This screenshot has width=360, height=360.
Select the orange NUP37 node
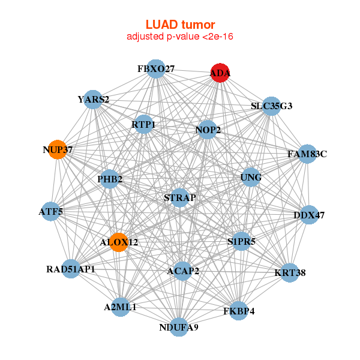tap(58, 149)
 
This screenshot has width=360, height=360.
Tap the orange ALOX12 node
tap(119, 242)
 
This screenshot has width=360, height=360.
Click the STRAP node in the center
tap(179, 197)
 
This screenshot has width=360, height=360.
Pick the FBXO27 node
tap(155, 69)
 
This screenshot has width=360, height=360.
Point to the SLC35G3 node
tap(271, 106)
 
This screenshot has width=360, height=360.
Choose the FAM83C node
tap(307, 154)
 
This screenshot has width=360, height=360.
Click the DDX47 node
tap(309, 215)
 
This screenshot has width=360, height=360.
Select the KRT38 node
tap(290, 272)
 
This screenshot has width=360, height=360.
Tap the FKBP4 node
tap(239, 311)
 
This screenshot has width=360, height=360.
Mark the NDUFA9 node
tap(179, 327)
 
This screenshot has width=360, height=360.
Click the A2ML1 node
tap(121, 307)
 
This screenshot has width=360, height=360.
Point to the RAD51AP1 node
tap(71, 269)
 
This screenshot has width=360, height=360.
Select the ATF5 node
tap(51, 211)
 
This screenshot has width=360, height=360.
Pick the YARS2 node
tap(93, 99)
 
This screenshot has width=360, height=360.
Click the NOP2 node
tap(208, 130)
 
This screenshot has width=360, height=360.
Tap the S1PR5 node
tap(241, 242)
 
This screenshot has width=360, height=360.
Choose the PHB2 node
tap(110, 179)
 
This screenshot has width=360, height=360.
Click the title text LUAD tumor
tap(180, 25)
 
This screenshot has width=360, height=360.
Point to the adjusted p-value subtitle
tap(180, 37)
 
